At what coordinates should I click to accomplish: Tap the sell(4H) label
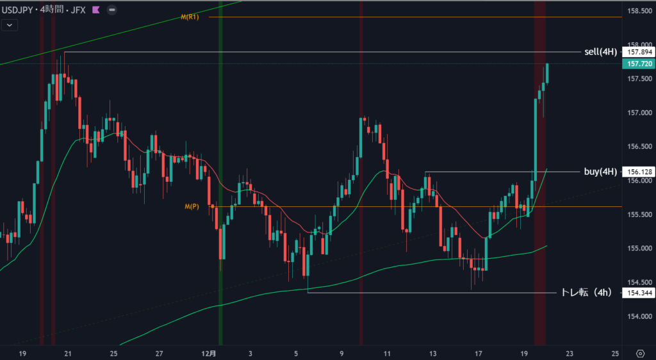(x=600, y=52)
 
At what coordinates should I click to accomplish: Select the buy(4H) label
(x=600, y=172)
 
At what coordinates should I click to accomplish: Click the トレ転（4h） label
(x=586, y=293)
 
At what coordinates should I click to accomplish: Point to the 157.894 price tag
(x=638, y=52)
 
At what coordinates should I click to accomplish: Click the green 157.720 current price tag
(x=638, y=64)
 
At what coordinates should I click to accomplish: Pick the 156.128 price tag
(x=638, y=172)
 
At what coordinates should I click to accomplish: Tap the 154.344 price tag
(x=638, y=293)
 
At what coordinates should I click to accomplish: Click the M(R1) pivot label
(x=190, y=17)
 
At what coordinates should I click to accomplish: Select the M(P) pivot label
(x=192, y=206)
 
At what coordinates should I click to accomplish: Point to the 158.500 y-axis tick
(x=638, y=11)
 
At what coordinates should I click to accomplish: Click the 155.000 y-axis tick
(x=638, y=248)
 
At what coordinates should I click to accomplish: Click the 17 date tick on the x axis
(x=479, y=354)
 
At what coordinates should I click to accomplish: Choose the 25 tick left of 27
(x=113, y=354)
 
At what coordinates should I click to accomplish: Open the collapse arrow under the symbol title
(x=10, y=25)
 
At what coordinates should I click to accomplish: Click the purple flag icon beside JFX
(x=95, y=10)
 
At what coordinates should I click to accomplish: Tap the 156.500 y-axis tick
(x=638, y=147)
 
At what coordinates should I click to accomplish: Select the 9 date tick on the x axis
(x=342, y=354)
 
